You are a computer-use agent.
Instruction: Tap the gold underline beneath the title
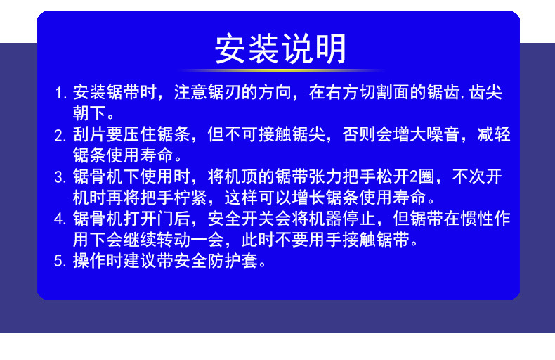click(280, 70)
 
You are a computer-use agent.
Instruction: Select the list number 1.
click(60, 93)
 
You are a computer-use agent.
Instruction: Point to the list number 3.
click(60, 176)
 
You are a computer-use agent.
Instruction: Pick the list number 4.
click(60, 219)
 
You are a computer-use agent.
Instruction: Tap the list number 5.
click(60, 262)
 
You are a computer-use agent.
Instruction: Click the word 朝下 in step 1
click(90, 112)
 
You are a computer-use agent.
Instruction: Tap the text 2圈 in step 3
click(419, 176)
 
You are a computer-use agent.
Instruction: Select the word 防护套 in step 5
click(242, 261)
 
